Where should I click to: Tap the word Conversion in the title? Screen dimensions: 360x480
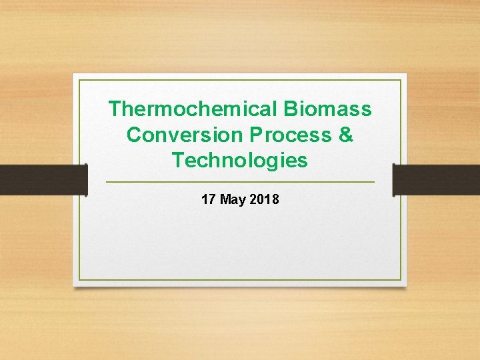click(185, 135)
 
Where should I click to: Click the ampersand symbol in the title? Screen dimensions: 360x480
click(346, 135)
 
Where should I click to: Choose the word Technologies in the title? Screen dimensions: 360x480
click(240, 161)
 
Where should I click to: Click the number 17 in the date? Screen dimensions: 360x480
click(208, 199)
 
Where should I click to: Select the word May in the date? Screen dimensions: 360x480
click(233, 199)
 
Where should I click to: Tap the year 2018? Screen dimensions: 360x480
click(265, 199)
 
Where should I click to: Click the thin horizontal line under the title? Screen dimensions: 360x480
click(240, 182)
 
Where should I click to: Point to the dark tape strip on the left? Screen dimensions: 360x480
click(43, 180)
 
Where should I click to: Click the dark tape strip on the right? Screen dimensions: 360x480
click(436, 180)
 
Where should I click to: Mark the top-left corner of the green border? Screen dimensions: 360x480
click(79, 80)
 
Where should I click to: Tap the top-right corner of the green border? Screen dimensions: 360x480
click(401, 80)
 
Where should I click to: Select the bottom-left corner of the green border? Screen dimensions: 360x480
click(79, 279)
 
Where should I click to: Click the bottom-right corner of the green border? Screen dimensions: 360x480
click(401, 279)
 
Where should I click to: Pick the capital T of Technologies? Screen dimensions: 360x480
click(178, 161)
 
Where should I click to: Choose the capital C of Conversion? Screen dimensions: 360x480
click(134, 135)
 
